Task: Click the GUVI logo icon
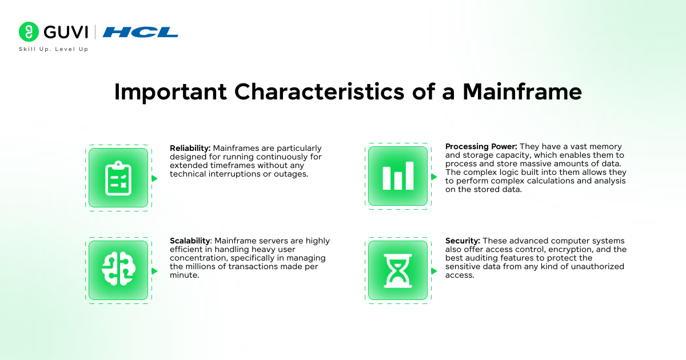[29, 32]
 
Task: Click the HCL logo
[141, 32]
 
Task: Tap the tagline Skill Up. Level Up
[54, 49]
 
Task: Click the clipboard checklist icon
[118, 178]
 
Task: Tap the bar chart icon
[398, 176]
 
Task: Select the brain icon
[118, 270]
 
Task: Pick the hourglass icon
[398, 270]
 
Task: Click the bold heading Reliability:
[190, 148]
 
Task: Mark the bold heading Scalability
[191, 241]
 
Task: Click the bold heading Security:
[462, 241]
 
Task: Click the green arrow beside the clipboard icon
[154, 178]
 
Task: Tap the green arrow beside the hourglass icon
[434, 270]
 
